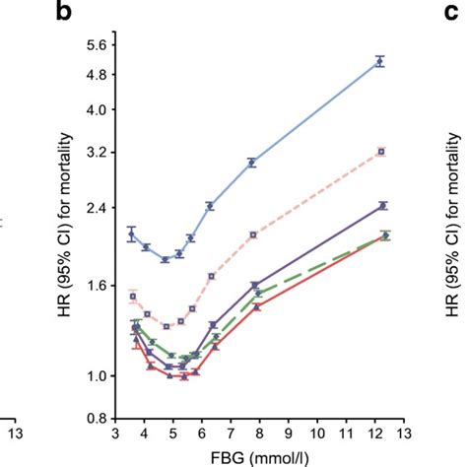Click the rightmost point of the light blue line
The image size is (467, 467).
click(380, 61)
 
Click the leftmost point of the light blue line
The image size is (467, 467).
click(131, 235)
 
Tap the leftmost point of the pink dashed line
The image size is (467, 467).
click(133, 296)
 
